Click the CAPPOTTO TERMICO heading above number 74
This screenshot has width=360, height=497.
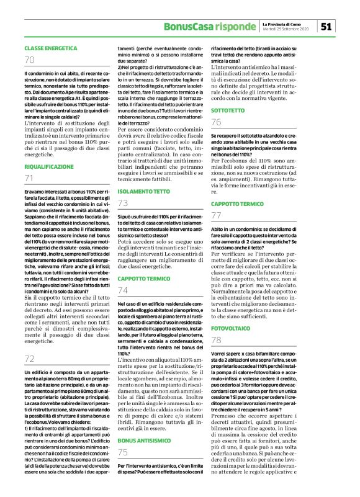[x=145, y=279]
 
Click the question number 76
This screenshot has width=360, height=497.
[x=217, y=122]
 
